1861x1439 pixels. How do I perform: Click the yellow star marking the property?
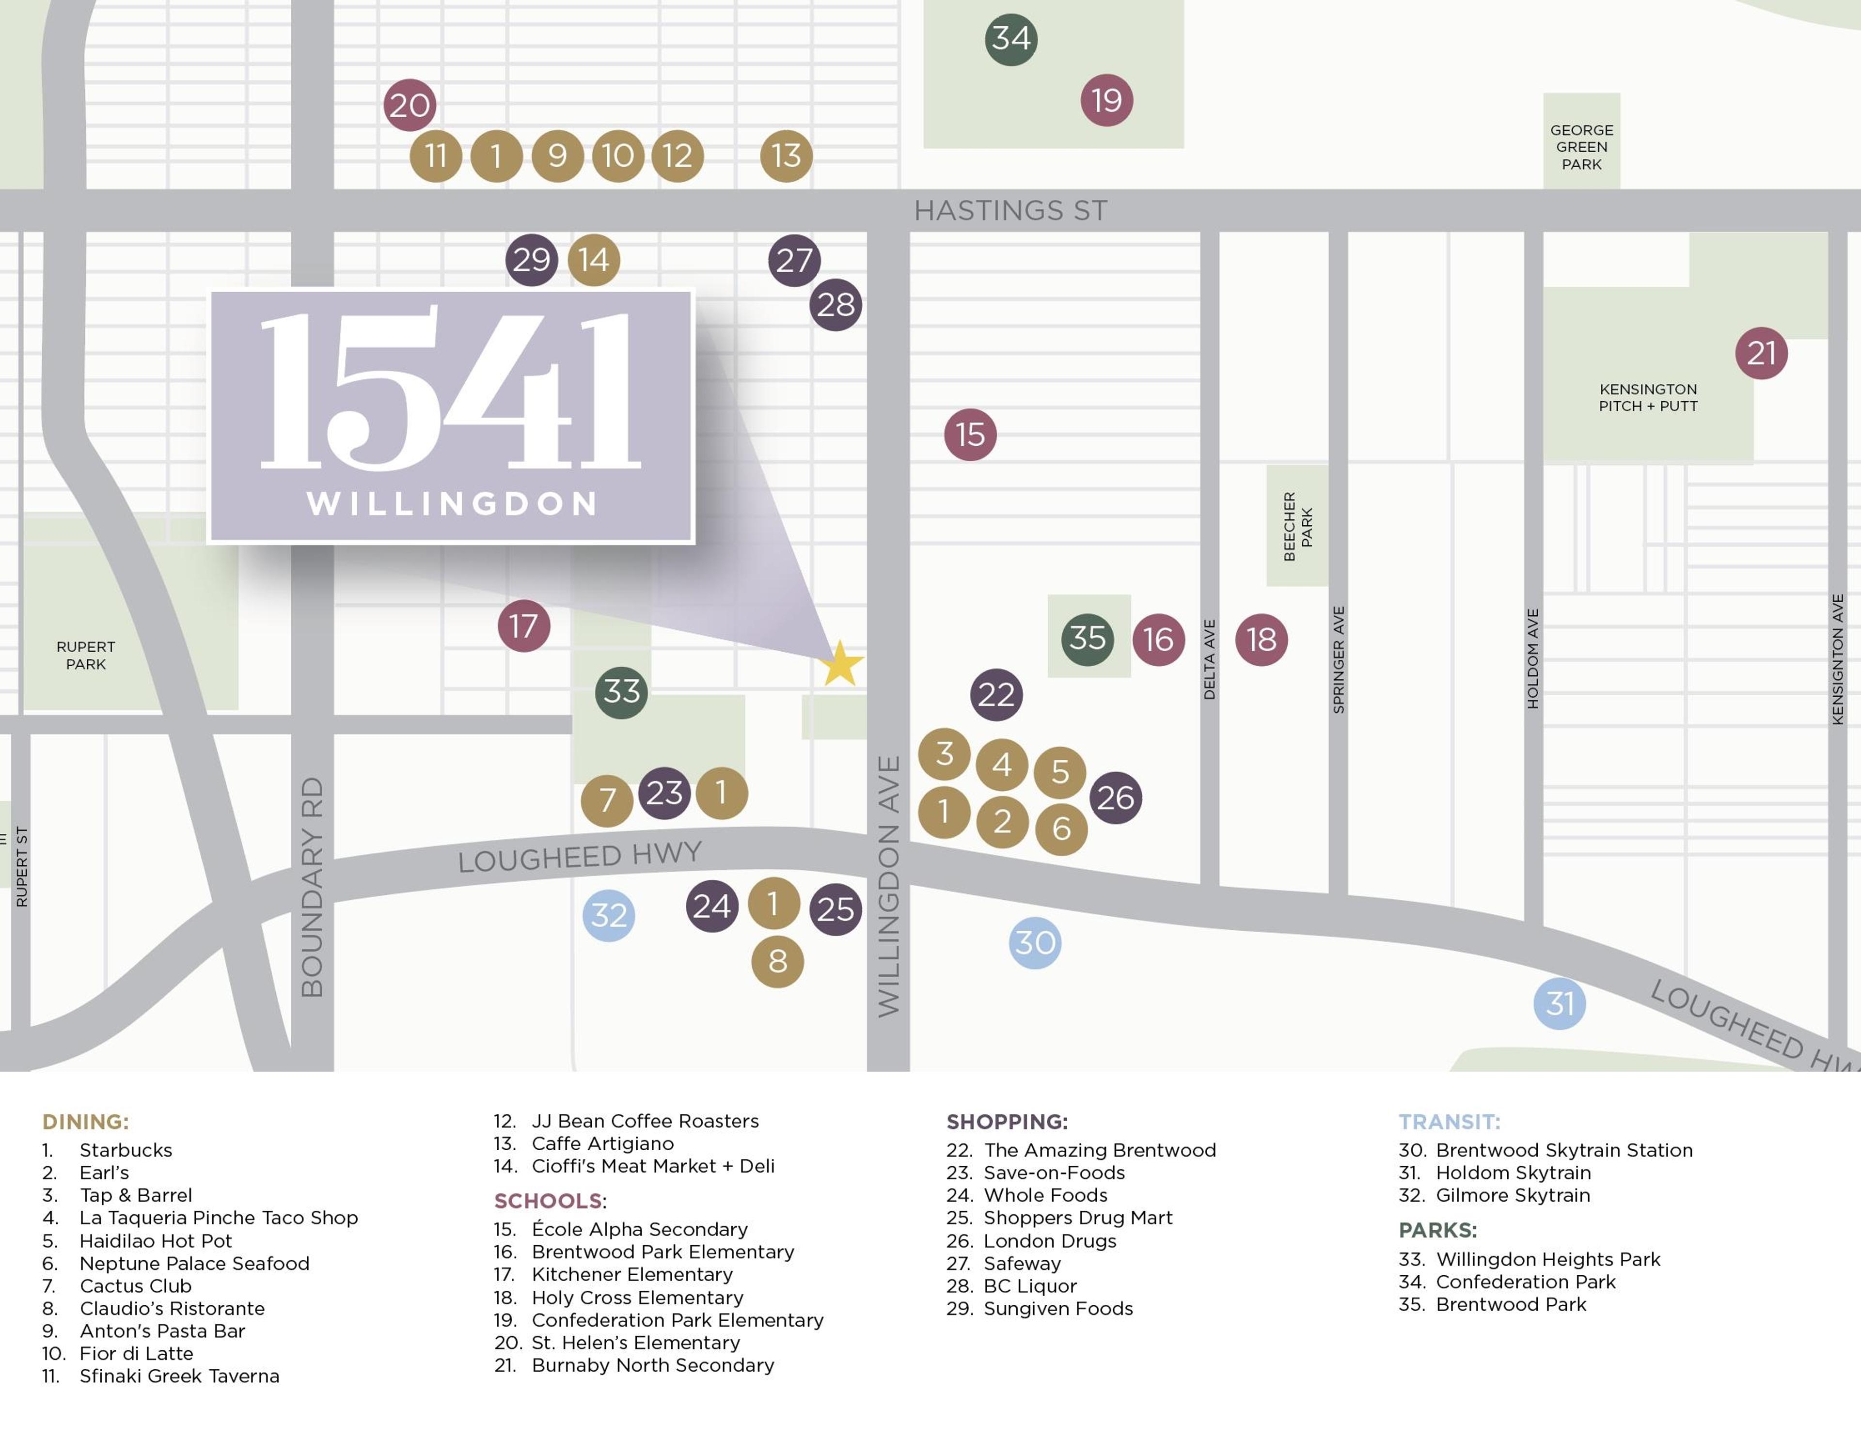pos(841,665)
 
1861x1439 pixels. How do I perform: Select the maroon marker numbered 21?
pos(1761,353)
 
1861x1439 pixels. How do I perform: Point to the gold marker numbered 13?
pos(786,156)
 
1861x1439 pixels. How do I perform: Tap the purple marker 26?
pos(1116,798)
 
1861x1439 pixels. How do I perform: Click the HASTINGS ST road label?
pos(1010,210)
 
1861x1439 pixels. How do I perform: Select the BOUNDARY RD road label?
pos(313,886)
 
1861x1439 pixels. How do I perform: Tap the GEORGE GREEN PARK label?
pos(1581,146)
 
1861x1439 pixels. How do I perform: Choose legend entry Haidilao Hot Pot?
pos(155,1240)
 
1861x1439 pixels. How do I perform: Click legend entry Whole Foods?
pos(1045,1195)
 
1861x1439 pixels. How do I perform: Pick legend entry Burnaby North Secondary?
pos(652,1365)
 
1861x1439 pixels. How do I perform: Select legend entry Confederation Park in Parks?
pos(1525,1282)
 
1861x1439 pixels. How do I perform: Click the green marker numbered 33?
pos(621,692)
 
